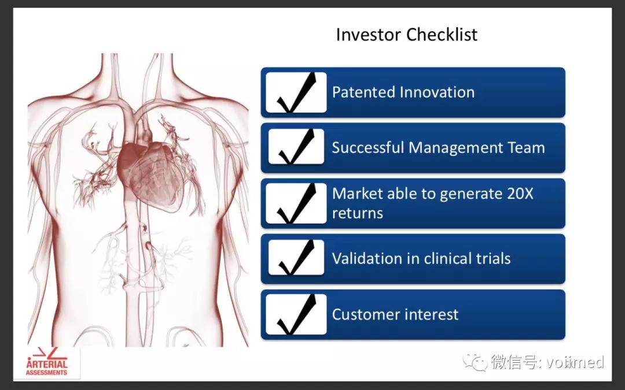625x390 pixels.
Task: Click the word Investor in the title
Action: coord(369,34)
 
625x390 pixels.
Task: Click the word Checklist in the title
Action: coord(442,34)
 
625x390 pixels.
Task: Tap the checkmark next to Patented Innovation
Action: coord(296,92)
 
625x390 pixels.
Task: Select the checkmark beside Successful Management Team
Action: coord(296,146)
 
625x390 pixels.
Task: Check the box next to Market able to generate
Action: coord(296,203)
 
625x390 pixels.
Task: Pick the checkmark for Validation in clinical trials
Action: coord(296,258)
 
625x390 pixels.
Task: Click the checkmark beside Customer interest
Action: coord(296,314)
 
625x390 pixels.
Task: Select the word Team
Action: coord(526,148)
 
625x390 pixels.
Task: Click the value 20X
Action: coord(520,194)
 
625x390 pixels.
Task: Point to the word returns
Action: coord(358,213)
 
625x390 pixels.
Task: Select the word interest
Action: coord(427,314)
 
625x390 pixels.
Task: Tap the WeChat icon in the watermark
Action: coord(475,362)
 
